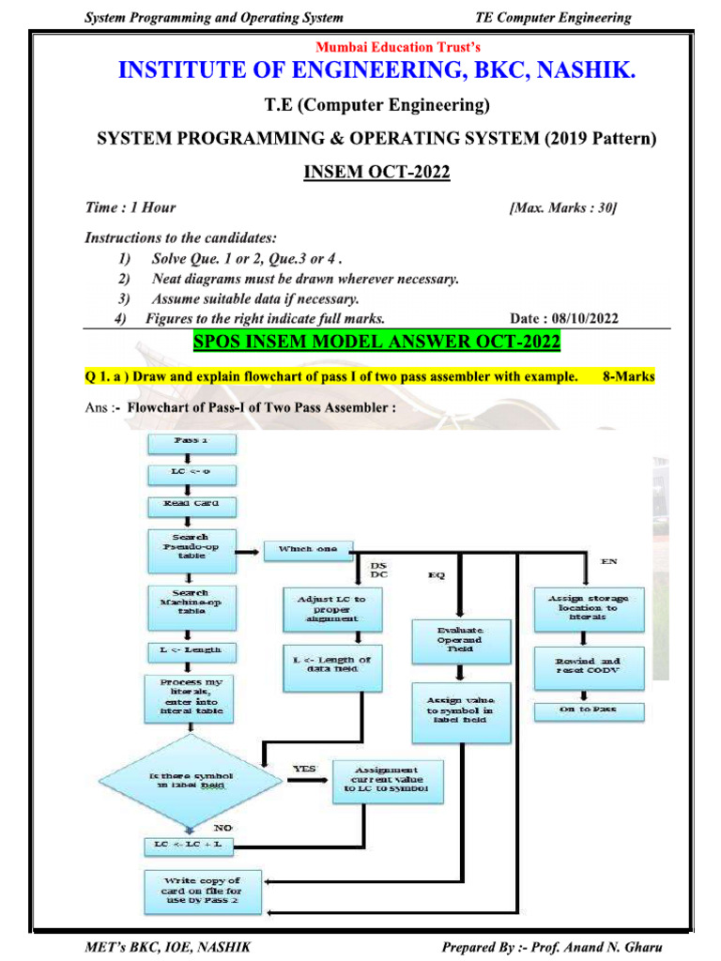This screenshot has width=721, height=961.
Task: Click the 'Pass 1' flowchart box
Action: tap(191, 440)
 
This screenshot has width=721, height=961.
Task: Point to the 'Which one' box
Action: tap(307, 548)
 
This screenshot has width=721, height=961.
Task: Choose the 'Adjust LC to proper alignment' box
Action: tap(332, 608)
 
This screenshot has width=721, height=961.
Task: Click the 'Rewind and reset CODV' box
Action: tap(589, 666)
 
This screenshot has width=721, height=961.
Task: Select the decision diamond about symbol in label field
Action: tap(192, 782)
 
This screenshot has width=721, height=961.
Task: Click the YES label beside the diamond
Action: tap(304, 769)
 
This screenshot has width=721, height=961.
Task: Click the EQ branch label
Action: tap(437, 573)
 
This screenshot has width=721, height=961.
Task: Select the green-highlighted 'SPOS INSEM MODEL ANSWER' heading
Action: tap(376, 341)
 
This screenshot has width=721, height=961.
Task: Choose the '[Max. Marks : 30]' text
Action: tap(562, 207)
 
